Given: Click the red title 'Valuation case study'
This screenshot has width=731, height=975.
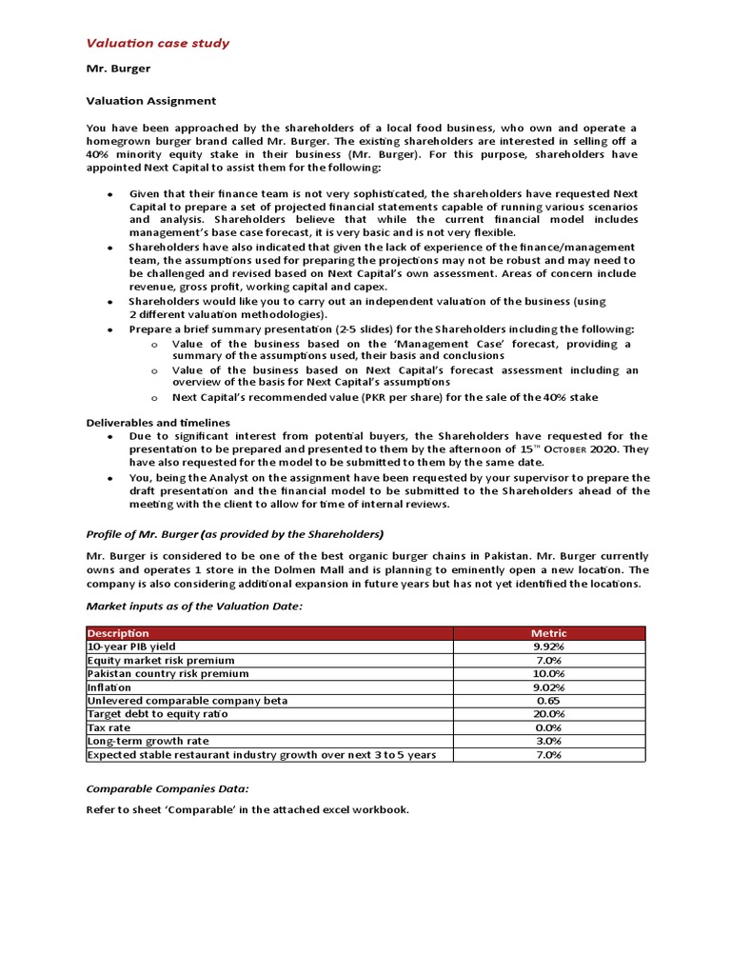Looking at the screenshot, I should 157,43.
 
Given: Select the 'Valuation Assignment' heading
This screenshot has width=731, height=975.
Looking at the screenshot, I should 151,100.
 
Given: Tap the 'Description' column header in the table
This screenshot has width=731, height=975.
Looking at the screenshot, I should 119,633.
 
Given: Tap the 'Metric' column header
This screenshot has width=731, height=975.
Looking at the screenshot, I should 549,633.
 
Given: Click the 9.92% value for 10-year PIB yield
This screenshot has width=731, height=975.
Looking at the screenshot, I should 549,647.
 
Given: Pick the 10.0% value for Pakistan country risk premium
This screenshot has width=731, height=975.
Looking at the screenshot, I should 549,673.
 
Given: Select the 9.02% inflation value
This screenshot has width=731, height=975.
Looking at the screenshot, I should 549,686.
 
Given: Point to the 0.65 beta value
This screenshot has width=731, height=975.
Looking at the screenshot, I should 549,700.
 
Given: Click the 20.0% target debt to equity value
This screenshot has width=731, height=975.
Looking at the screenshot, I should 549,713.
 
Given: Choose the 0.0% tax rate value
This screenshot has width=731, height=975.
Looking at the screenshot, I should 549,726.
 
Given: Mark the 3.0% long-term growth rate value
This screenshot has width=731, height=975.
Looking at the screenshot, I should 549,741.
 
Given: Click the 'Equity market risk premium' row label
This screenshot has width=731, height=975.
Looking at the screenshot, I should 161,660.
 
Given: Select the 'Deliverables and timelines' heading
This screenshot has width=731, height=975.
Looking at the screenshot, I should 158,422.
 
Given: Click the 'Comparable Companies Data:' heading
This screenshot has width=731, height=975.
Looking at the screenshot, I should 167,788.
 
